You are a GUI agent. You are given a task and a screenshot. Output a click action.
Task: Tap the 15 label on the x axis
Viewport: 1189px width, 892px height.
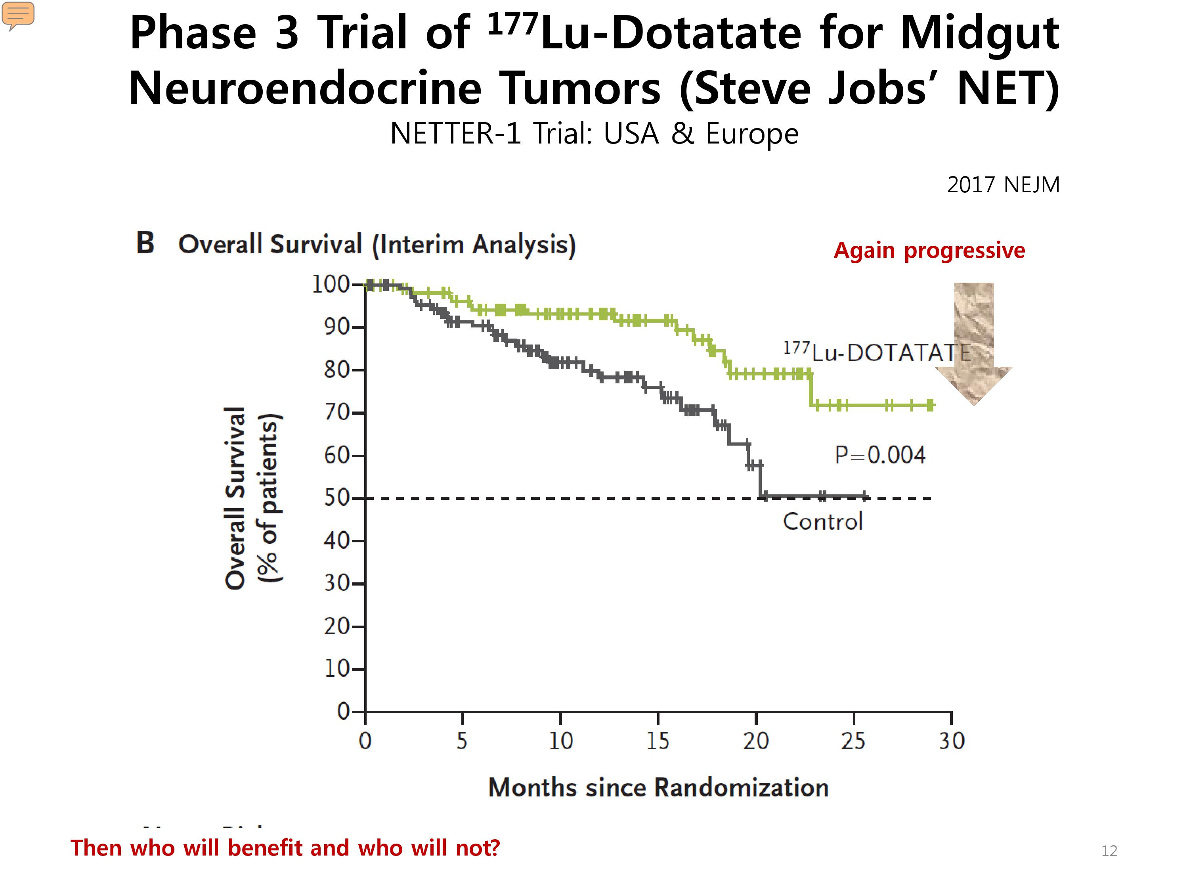(658, 741)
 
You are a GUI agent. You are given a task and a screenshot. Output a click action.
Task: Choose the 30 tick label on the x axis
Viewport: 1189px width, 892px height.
(952, 741)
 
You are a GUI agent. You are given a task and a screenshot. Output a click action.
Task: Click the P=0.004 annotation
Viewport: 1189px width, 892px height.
(880, 455)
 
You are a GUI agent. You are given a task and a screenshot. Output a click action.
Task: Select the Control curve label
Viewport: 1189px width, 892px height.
(822, 521)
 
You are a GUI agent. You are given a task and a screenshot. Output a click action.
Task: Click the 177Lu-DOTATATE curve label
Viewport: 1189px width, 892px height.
(877, 352)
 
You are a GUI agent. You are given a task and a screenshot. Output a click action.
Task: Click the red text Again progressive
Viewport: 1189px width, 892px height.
(929, 251)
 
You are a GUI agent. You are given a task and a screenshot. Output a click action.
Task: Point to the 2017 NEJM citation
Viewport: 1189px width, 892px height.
(1003, 184)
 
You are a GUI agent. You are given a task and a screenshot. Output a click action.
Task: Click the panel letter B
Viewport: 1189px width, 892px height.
(145, 243)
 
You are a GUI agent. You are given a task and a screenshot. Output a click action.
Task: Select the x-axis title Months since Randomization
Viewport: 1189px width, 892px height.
(658, 787)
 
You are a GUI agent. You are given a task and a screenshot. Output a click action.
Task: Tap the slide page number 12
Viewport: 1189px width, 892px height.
(1109, 851)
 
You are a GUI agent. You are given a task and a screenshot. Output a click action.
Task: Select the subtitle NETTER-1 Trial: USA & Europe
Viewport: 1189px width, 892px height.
(594, 133)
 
